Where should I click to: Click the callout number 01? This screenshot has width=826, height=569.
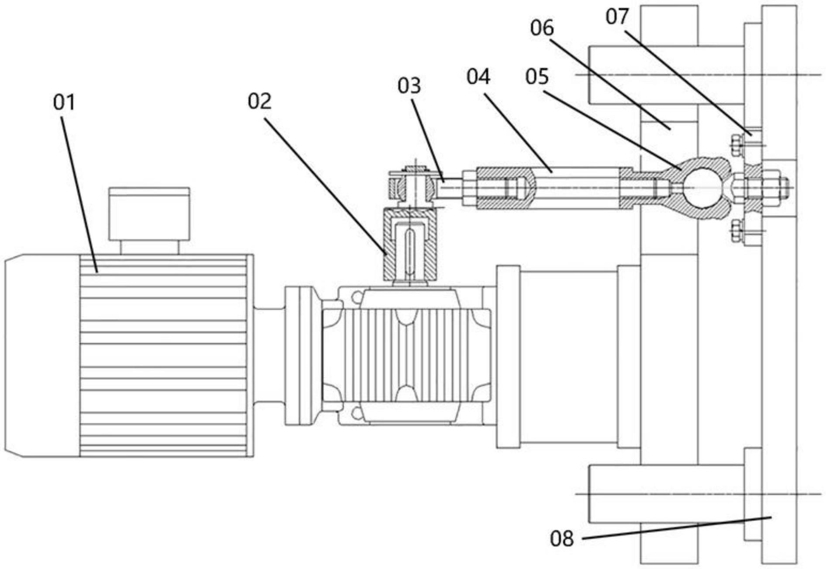coord(64,102)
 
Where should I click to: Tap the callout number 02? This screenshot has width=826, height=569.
coord(259,101)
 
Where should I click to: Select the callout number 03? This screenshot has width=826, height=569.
coord(409,86)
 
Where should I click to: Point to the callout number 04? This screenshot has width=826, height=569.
coord(478,76)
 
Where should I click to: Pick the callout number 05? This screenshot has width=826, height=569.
coord(537,76)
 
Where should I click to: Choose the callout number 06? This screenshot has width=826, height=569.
coord(542,28)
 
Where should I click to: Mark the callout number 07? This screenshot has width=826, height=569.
coord(617,17)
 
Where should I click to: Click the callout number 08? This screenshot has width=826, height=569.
coord(561,538)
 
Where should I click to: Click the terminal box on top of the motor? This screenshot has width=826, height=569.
coord(149,214)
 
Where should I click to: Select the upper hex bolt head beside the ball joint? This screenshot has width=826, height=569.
coord(737,145)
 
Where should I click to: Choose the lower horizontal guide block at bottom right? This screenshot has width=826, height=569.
coord(666,494)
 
